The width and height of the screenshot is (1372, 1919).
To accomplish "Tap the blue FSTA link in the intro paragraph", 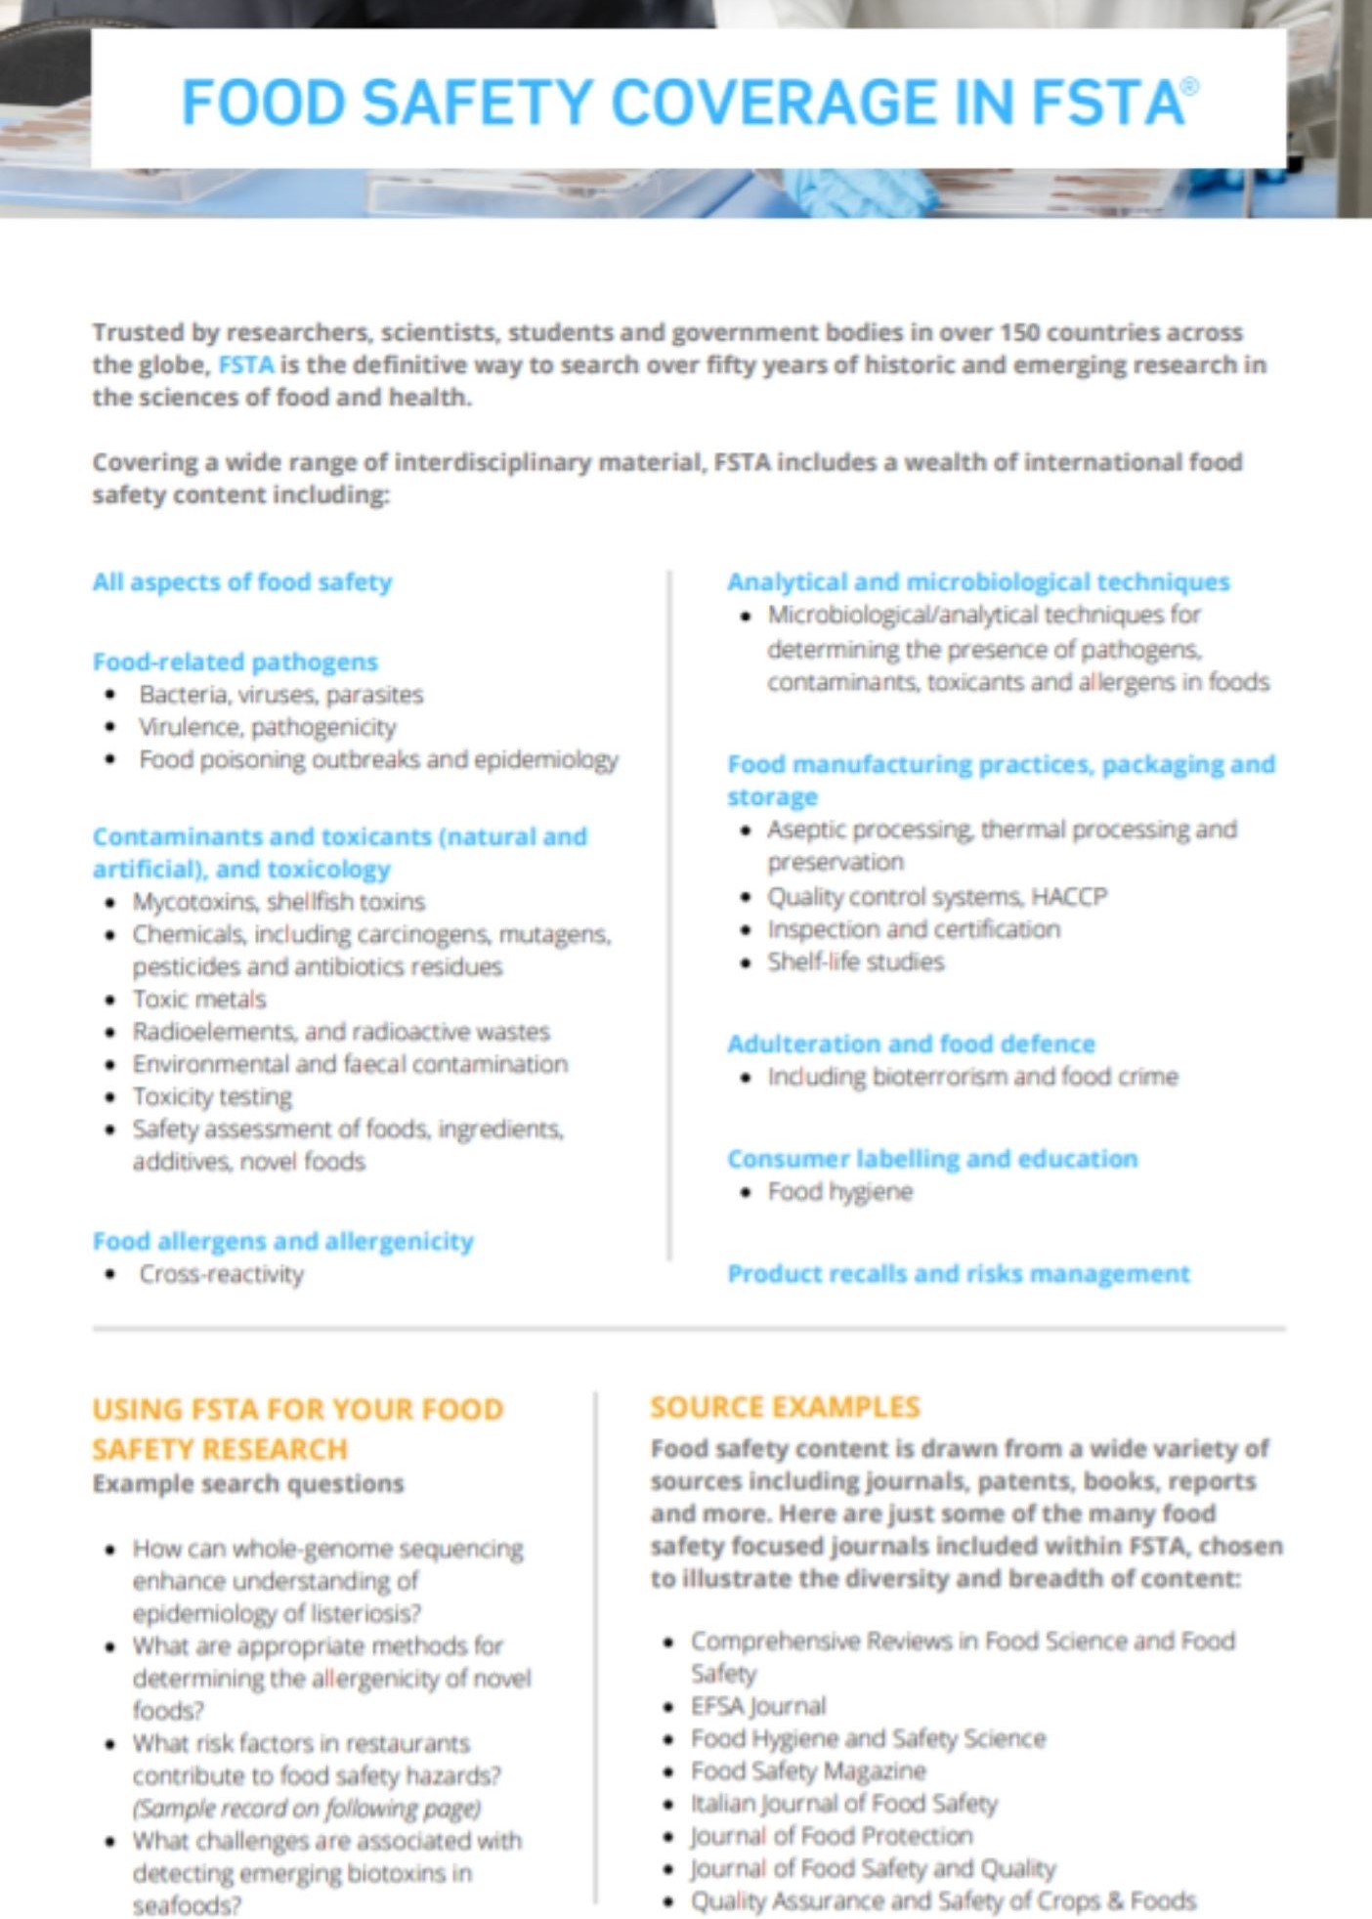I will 245,365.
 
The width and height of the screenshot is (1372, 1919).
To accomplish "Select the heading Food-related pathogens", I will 235,661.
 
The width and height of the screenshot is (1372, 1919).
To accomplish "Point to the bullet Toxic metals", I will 199,999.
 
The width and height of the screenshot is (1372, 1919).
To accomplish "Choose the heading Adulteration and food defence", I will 911,1044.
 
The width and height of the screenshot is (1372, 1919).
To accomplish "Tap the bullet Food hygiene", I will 839,1191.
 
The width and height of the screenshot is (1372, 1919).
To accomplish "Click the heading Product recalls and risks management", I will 958,1273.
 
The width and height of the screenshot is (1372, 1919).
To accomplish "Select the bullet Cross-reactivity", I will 221,1273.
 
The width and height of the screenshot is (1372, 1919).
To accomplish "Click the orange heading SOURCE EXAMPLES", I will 785,1407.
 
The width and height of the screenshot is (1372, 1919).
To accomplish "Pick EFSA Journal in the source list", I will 758,1706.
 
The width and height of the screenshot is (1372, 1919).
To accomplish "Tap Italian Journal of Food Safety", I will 843,1803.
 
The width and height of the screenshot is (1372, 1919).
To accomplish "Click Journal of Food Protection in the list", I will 832,1835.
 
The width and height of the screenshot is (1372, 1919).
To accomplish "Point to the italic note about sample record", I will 307,1808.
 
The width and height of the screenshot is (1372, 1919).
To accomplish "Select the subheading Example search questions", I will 248,1483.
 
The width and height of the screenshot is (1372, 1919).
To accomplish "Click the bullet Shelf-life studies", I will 855,961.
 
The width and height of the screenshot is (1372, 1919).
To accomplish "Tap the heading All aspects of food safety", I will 242,581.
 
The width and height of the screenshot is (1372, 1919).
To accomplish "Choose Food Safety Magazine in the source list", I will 808,1770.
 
